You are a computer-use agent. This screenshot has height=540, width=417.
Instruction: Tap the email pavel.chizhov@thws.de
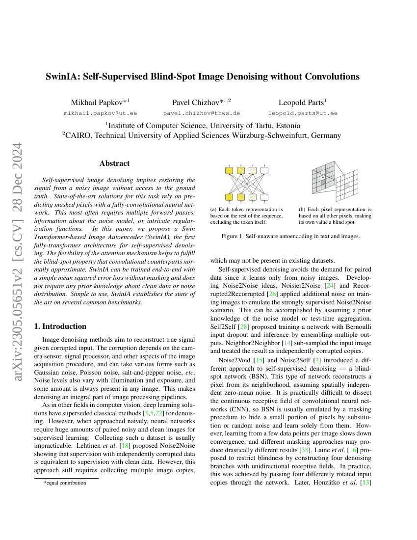click(201, 113)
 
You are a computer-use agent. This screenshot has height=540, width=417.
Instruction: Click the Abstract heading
click(114, 163)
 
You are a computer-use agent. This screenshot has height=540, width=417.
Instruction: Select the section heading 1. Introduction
click(60, 326)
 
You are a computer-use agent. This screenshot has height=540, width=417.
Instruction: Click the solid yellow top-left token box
click(229, 171)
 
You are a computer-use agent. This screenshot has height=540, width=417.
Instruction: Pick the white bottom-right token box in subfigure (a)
click(265, 197)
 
